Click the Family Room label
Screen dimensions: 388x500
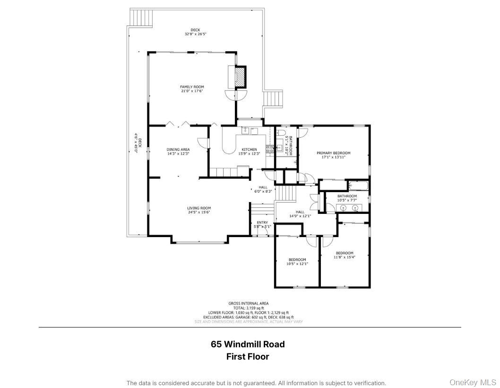click(192, 87)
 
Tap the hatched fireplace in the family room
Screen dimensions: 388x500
click(241, 77)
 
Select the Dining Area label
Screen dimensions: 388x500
click(178, 150)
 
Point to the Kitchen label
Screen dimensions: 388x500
click(249, 150)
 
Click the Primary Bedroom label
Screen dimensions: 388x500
click(333, 153)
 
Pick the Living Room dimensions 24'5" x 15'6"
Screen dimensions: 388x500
click(198, 212)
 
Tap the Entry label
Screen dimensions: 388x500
click(262, 222)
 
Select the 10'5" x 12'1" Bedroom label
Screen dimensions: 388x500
click(297, 260)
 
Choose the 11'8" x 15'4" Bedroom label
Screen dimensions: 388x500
click(345, 253)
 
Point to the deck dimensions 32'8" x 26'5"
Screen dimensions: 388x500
click(195, 34)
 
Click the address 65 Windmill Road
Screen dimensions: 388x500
click(248, 344)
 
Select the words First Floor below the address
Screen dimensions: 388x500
click(248, 357)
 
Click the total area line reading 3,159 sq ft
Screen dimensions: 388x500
click(249, 308)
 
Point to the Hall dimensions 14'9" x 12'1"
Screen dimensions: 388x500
click(300, 216)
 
